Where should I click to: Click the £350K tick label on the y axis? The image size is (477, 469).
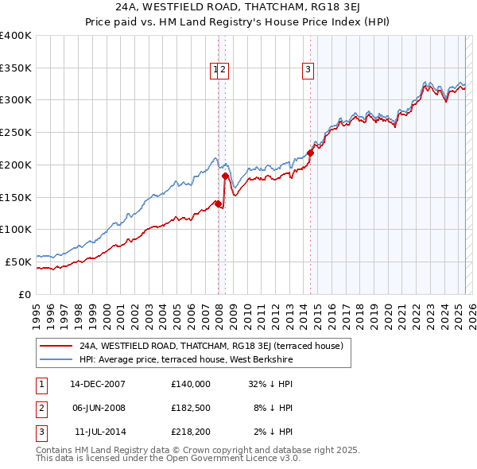click(x=16, y=68)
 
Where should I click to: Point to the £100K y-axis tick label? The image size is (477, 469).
click(x=16, y=229)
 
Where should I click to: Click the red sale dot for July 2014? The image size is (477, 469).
click(x=310, y=153)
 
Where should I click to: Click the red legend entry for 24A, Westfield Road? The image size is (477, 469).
click(x=211, y=346)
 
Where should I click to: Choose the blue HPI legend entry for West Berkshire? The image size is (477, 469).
click(x=186, y=359)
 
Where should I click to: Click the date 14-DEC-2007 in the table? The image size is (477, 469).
click(x=98, y=384)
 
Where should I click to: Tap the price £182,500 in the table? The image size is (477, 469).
click(x=191, y=408)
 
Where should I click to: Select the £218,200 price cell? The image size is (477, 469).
click(x=191, y=432)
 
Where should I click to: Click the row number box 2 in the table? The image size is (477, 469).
click(x=41, y=408)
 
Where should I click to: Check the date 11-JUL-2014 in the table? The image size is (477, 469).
click(x=100, y=432)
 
